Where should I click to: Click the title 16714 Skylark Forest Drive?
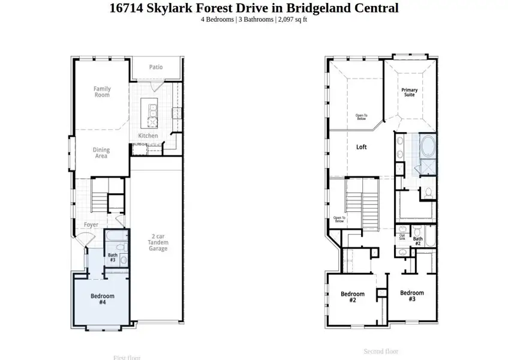(254, 8)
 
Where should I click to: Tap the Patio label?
(156, 67)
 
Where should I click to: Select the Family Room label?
(102, 92)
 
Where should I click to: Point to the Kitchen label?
(148, 136)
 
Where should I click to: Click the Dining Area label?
(101, 153)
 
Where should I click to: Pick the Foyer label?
(91, 225)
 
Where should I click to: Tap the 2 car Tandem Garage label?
(158, 242)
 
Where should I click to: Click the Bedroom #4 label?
(102, 299)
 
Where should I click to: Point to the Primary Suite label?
(410, 92)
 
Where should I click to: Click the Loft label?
(361, 147)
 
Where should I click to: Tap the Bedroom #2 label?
(353, 297)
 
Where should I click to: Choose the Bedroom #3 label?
(412, 296)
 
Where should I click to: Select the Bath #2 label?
(417, 241)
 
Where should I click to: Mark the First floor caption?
(127, 358)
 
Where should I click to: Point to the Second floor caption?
(381, 351)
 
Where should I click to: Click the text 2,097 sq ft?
(293, 19)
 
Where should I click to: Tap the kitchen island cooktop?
(152, 122)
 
